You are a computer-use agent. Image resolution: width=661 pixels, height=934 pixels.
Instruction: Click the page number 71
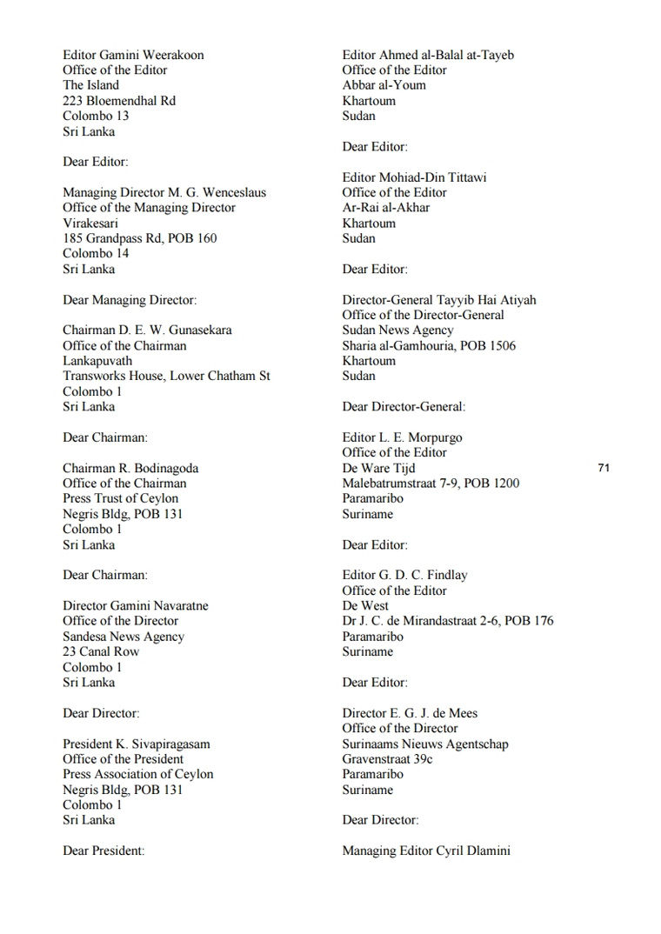[604, 468]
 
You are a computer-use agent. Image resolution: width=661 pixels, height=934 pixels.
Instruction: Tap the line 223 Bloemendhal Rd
[118, 101]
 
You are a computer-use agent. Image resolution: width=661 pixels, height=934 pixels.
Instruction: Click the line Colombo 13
[96, 116]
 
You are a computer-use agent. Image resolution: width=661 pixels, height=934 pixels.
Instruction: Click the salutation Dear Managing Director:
[130, 300]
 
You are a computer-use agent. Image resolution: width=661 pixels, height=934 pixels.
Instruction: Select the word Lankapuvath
[97, 361]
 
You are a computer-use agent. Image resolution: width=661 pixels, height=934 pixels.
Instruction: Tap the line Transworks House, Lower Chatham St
[166, 376]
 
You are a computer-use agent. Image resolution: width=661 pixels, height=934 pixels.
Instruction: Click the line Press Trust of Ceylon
[120, 498]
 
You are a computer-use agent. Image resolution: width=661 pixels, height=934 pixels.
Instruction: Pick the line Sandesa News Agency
[124, 637]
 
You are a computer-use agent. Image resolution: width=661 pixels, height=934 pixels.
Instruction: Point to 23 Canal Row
[101, 651]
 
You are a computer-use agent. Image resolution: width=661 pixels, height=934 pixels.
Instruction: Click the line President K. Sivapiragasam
[136, 744]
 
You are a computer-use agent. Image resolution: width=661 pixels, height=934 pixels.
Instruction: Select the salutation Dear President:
[103, 851]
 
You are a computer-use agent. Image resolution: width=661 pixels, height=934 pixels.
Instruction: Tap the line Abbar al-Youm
[384, 85]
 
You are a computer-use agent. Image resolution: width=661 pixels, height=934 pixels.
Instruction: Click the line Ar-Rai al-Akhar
[385, 208]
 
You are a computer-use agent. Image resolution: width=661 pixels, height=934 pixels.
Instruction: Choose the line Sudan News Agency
[397, 330]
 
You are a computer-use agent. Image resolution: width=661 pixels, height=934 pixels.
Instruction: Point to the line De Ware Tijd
[378, 468]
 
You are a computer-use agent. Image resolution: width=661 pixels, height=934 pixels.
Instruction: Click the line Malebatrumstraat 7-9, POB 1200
[431, 484]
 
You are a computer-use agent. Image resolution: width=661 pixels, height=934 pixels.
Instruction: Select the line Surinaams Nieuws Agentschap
[425, 744]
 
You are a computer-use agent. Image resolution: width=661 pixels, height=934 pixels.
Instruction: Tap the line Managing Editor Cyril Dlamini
[426, 851]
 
